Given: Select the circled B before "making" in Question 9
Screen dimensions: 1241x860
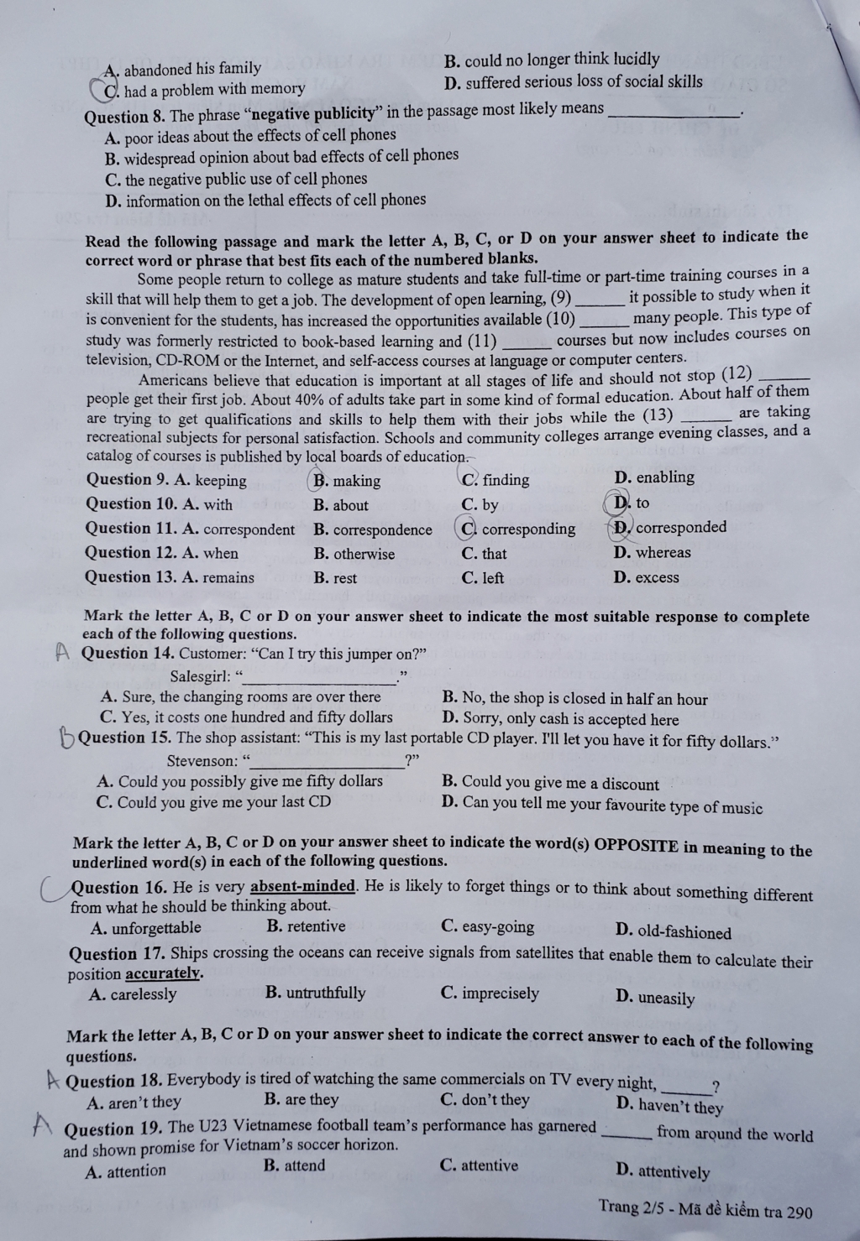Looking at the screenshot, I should point(320,481).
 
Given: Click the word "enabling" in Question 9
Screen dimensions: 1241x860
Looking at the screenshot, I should point(665,477).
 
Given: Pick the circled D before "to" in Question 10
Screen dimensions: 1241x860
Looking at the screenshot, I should point(621,503).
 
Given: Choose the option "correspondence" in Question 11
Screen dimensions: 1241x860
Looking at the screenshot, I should point(382,529).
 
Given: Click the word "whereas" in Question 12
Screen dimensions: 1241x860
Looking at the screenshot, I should point(663,552).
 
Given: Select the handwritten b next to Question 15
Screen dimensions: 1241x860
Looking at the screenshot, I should point(66,739).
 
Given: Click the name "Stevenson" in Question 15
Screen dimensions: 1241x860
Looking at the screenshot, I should point(202,761).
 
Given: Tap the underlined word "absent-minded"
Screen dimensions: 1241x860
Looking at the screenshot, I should point(303,887).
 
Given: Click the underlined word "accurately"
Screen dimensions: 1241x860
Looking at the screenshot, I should point(163,973).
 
